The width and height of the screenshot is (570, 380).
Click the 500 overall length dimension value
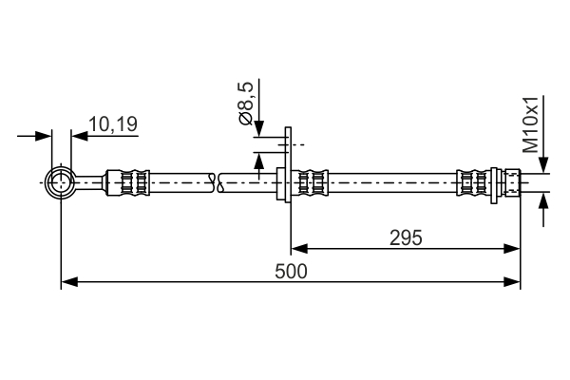(x=291, y=272)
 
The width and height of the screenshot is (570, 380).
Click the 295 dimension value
(x=406, y=238)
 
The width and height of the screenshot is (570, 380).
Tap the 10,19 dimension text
(x=113, y=124)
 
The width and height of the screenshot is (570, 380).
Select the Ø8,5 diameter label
(x=245, y=104)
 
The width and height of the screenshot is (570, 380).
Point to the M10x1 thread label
(x=530, y=124)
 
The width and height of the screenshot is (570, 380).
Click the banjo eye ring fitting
(x=61, y=182)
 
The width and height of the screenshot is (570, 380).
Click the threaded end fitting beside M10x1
(x=513, y=182)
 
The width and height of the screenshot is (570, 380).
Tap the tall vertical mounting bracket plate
(x=288, y=164)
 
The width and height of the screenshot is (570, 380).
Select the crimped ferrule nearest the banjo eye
(x=127, y=182)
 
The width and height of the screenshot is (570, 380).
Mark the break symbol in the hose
(x=217, y=183)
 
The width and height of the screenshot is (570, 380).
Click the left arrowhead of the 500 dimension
(x=69, y=282)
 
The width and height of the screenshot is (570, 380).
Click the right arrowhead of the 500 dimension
(x=512, y=282)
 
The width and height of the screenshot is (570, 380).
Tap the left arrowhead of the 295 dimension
(x=299, y=249)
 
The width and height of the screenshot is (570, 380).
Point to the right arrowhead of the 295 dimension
(x=512, y=249)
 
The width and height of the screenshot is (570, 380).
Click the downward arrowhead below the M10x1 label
(x=543, y=164)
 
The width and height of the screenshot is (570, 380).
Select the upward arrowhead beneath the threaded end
(x=543, y=201)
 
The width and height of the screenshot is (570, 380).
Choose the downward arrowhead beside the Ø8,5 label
(x=258, y=128)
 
